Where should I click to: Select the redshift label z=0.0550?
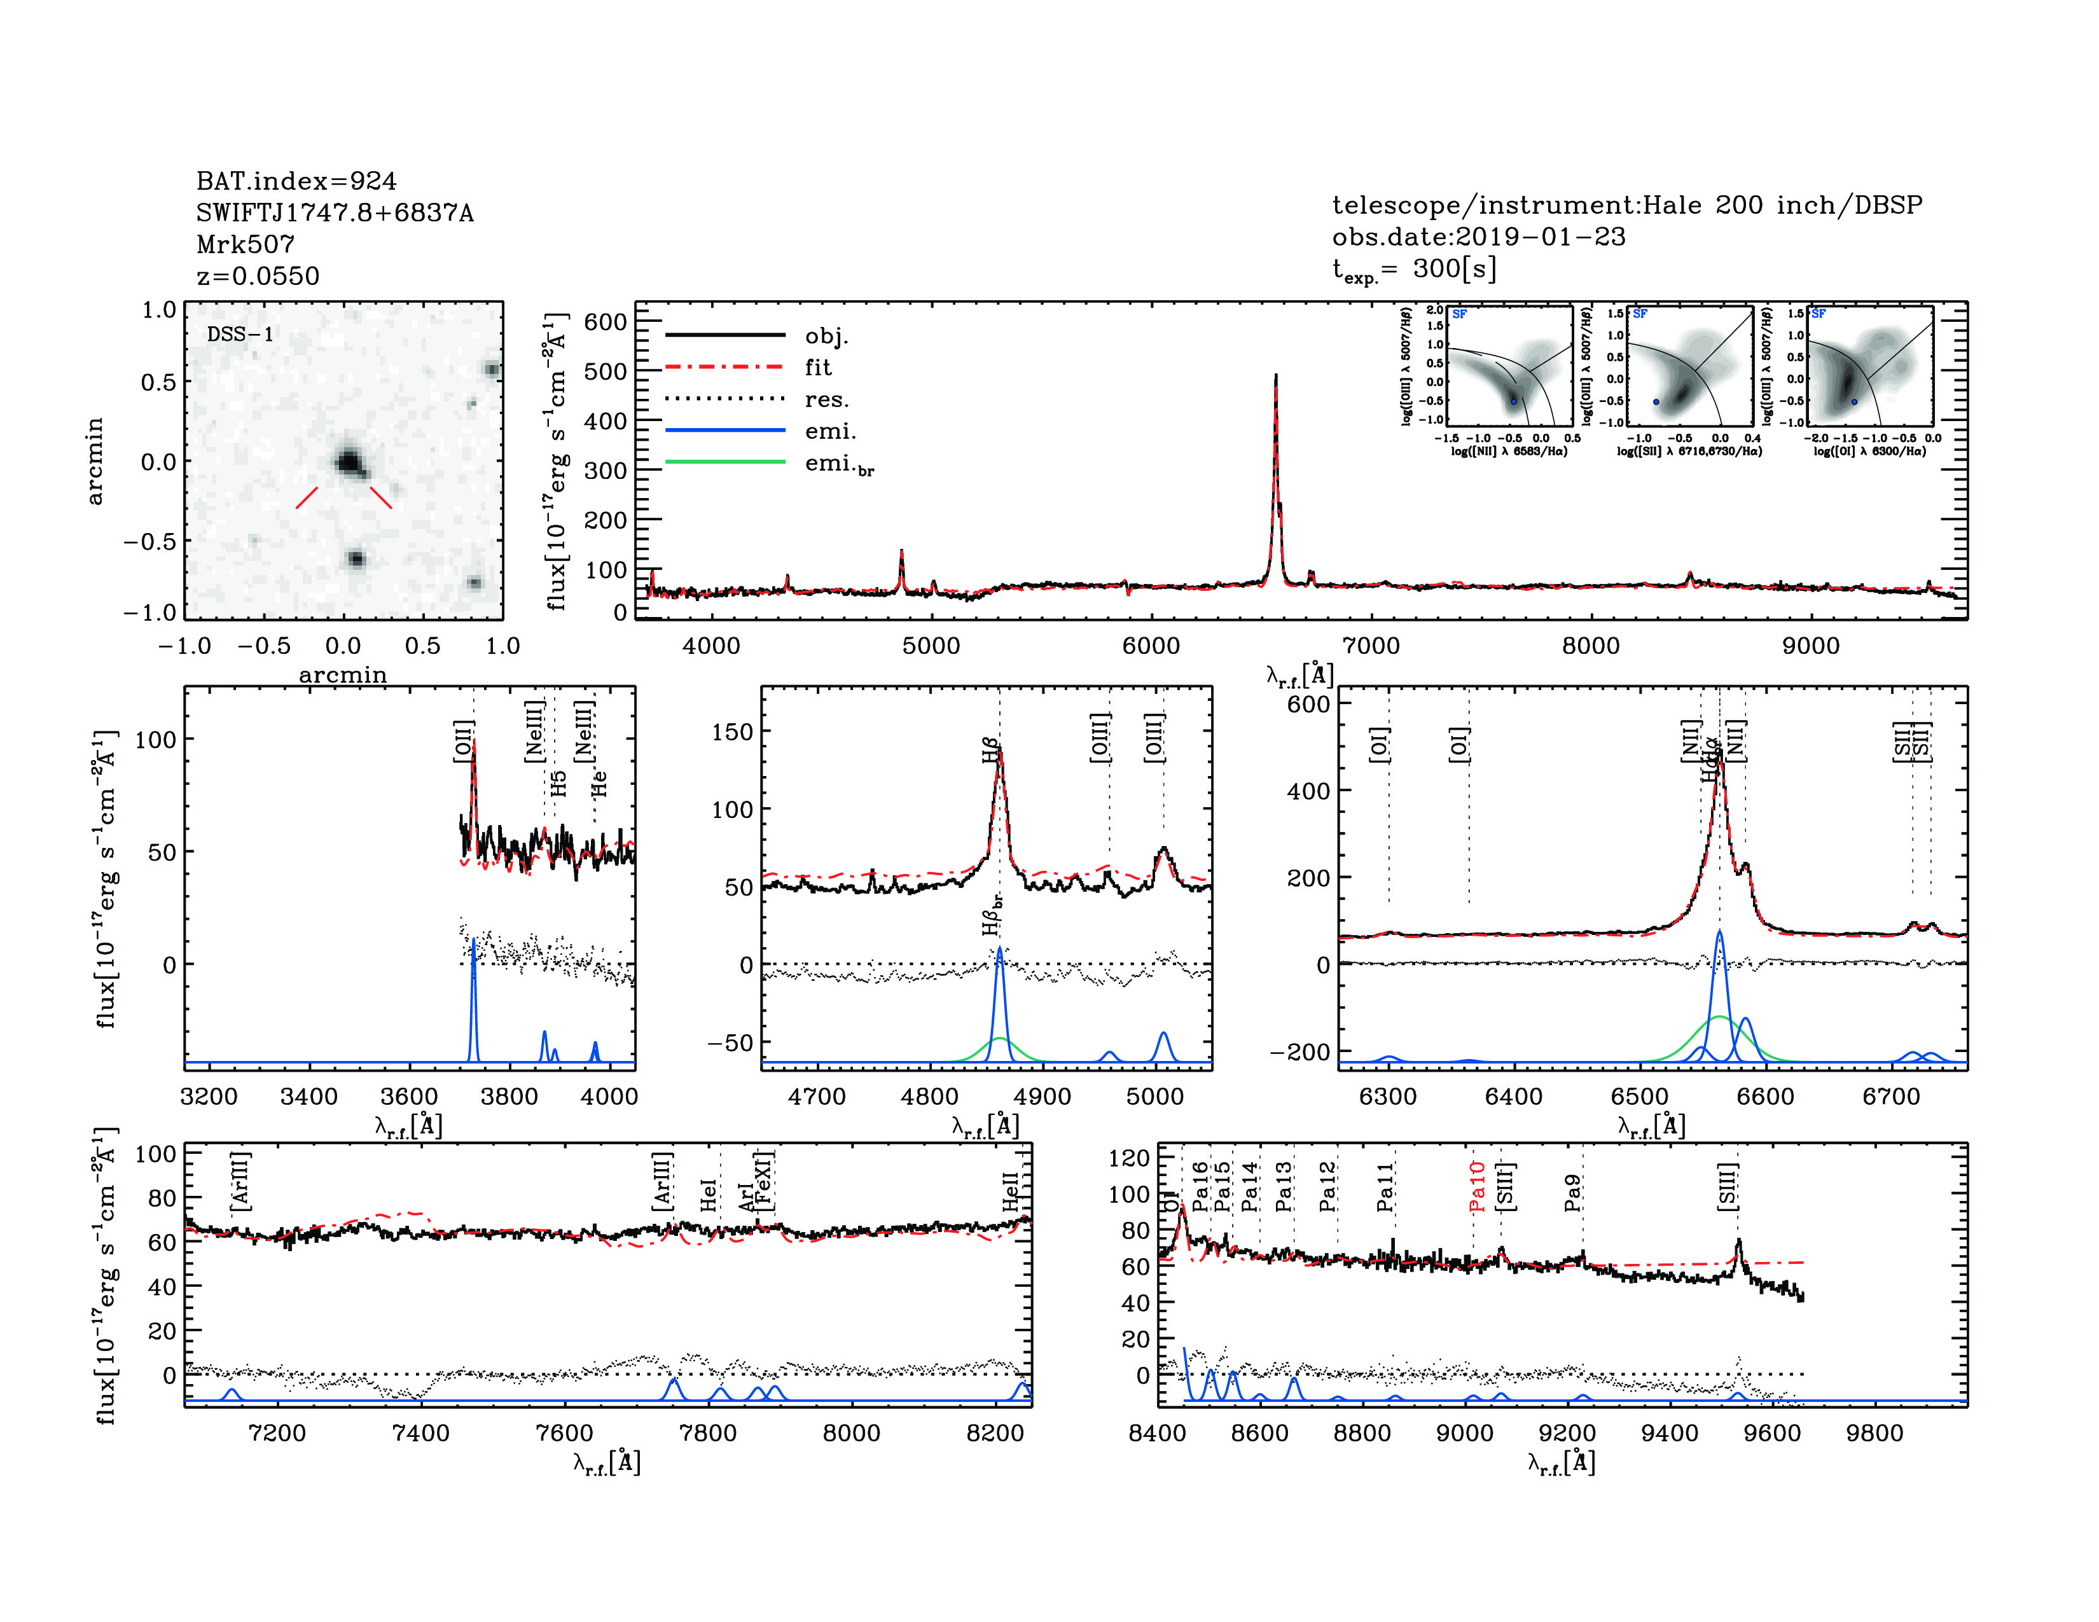[x=258, y=276]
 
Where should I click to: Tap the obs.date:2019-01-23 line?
[x=1478, y=237]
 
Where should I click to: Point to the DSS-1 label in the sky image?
[x=240, y=335]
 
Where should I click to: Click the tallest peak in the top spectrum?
[x=1275, y=377]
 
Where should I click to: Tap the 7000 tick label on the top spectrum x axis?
[x=1371, y=646]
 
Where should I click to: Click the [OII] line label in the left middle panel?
[x=463, y=741]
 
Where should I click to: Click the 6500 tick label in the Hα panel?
[x=1640, y=1097]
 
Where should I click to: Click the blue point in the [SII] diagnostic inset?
[x=1656, y=401]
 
